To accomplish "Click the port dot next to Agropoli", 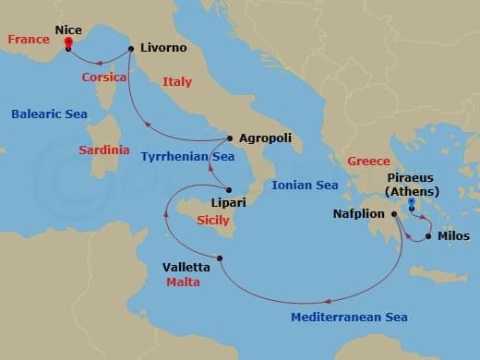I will (x=229, y=138).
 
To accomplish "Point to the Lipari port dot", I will (x=228, y=190).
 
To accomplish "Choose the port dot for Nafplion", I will (x=394, y=214).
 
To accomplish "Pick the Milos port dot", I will (x=428, y=235).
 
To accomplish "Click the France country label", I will (x=27, y=40).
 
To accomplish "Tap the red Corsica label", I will (x=104, y=78).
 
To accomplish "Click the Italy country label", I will (x=176, y=82).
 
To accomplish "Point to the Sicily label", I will (x=213, y=221).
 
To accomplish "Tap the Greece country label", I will (x=368, y=162).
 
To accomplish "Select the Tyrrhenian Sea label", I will (x=187, y=157).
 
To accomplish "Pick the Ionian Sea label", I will (x=306, y=186).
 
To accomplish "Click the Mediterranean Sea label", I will (x=349, y=317).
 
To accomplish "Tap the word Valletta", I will (x=186, y=268).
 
